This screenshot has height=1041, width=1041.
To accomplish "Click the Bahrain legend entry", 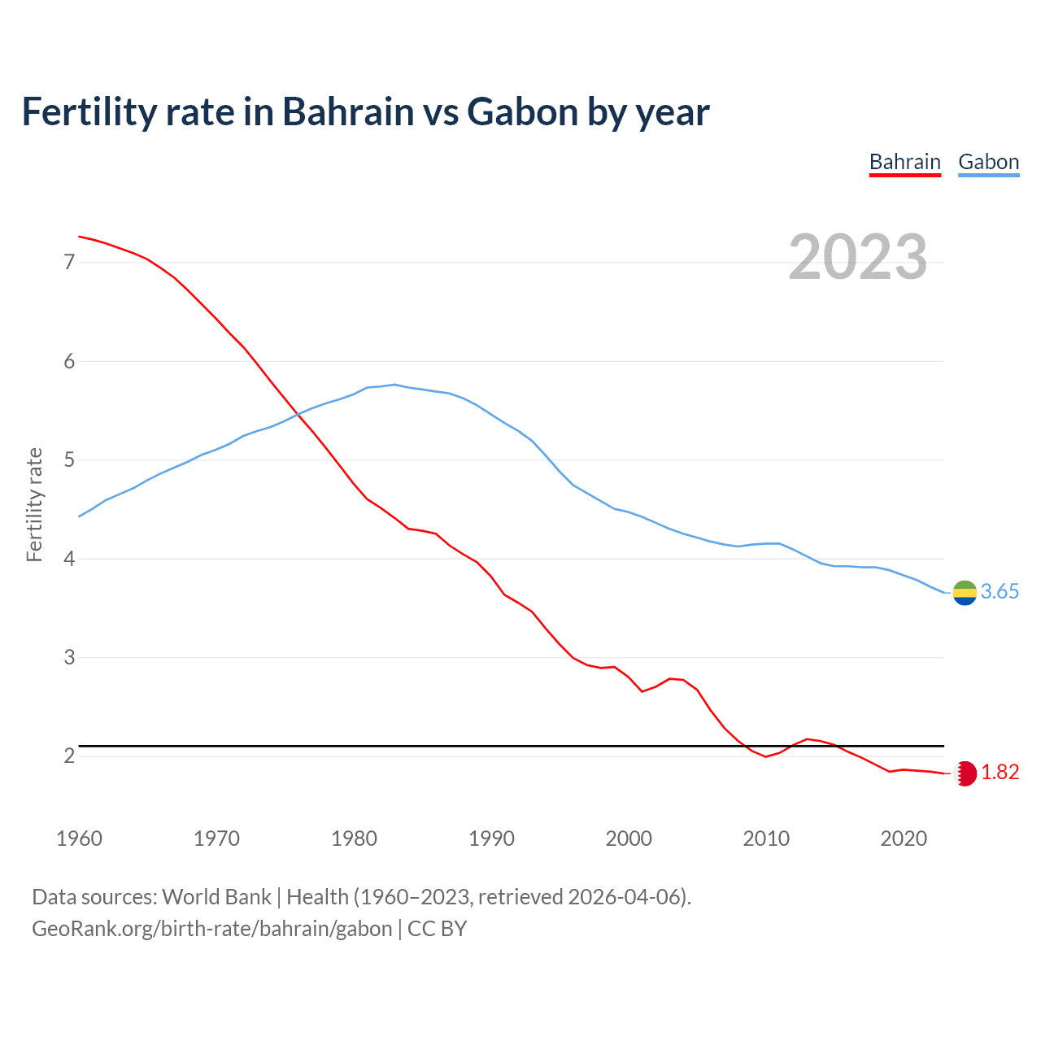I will (904, 162).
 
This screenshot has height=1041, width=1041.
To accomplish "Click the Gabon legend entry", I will (988, 162).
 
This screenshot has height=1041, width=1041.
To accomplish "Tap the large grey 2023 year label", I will (858, 257).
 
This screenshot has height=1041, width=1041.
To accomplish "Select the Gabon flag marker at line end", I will (965, 593).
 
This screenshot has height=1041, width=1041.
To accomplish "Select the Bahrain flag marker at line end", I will (965, 773).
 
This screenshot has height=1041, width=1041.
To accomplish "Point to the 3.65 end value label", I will (1000, 592).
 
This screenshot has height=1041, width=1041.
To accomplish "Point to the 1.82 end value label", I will (1000, 773).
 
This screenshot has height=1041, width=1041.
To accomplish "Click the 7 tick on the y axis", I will (69, 262).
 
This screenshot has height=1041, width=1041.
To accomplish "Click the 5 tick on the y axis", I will (69, 460).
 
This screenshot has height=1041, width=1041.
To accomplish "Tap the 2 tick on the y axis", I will (69, 756).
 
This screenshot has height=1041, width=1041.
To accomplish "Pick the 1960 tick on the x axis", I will (79, 838).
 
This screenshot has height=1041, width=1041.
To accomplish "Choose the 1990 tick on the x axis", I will (491, 838).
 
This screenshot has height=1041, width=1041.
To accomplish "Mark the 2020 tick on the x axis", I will (904, 838).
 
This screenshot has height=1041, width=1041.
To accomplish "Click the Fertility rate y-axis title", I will (34, 504).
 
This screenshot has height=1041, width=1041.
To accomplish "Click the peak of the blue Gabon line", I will (394, 385).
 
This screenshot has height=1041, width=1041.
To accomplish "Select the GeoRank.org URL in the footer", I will (211, 929).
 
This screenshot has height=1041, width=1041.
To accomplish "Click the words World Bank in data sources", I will (216, 897).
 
